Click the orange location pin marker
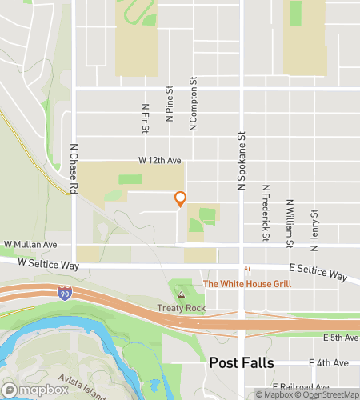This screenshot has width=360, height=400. [x=180, y=199]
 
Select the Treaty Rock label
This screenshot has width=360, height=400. [x=180, y=309]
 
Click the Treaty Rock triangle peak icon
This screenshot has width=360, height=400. [x=180, y=295]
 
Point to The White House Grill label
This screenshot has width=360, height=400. [x=247, y=283]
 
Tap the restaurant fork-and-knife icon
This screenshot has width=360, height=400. [x=247, y=270]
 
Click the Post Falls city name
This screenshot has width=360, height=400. [x=242, y=362]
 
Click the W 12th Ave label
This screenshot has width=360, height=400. [x=158, y=161]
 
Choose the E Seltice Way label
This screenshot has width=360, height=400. [x=318, y=274]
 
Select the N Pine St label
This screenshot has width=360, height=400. [x=170, y=104]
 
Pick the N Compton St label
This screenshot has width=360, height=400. [x=193, y=105]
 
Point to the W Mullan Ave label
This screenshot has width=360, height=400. [x=30, y=244]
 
